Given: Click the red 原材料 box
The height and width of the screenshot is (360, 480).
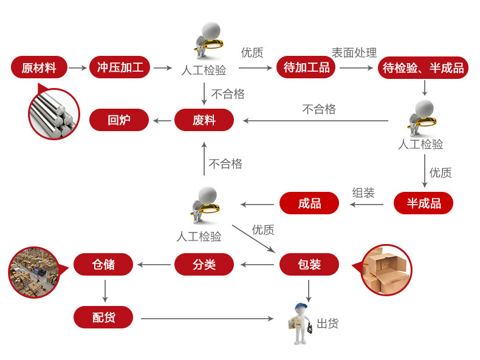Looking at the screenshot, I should pyautogui.click(x=39, y=67).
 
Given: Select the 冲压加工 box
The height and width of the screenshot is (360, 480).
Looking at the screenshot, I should pyautogui.click(x=120, y=67).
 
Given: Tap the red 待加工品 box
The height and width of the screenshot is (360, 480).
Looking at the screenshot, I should pyautogui.click(x=306, y=67).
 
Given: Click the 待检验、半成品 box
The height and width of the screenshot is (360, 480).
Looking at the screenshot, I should pyautogui.click(x=423, y=67).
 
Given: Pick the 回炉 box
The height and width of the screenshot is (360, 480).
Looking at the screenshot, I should pyautogui.click(x=119, y=120).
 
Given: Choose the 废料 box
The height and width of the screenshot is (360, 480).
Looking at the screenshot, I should pyautogui.click(x=204, y=120).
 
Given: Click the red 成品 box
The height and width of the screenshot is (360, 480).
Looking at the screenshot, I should pyautogui.click(x=309, y=203).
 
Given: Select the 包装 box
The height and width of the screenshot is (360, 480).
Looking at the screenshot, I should pyautogui.click(x=309, y=265).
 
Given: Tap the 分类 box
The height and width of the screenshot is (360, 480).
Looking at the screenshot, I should pyautogui.click(x=204, y=265).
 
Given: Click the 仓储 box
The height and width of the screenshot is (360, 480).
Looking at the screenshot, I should pyautogui.click(x=103, y=265).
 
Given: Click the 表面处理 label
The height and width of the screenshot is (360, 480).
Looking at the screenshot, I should pyautogui.click(x=354, y=53).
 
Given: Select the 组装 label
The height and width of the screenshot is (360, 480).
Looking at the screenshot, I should pyautogui.click(x=363, y=193).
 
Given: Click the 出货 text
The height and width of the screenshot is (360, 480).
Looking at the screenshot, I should pyautogui.click(x=327, y=324).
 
